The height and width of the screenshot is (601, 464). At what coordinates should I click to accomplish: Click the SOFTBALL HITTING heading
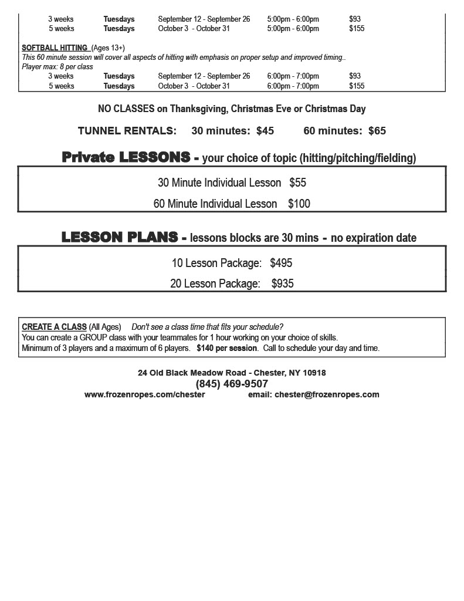tap(55, 48)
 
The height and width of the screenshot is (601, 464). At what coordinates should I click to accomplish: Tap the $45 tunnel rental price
tap(265, 131)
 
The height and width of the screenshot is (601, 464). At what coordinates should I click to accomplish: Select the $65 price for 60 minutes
tap(377, 131)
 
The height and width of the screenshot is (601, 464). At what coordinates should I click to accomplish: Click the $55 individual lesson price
tap(297, 183)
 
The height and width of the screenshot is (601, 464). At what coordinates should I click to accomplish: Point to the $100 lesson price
tap(299, 204)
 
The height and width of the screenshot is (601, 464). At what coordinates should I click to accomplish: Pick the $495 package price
tap(281, 263)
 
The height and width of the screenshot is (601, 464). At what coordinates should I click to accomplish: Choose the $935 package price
tap(282, 283)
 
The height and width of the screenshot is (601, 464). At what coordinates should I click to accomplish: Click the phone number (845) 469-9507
tap(232, 384)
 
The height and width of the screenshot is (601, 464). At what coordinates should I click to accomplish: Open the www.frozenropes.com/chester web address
tap(144, 394)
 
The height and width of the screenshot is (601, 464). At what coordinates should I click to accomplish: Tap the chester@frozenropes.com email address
tap(327, 394)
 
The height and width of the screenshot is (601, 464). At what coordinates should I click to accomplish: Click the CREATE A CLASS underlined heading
tap(54, 327)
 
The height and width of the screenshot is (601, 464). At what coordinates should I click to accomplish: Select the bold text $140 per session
tap(226, 348)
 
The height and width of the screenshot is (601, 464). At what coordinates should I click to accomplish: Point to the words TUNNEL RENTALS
tap(127, 131)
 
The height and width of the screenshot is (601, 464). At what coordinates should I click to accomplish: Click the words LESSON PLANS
tap(120, 237)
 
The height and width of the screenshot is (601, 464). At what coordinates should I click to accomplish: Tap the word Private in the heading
tap(88, 157)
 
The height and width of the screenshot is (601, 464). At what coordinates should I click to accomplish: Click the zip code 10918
tap(314, 373)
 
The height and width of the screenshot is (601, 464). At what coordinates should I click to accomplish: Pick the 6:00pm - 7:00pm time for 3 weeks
tap(293, 76)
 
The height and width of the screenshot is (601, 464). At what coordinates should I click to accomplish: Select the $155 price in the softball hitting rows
tap(357, 86)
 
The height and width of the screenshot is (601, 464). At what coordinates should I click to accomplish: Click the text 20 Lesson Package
tap(215, 283)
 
